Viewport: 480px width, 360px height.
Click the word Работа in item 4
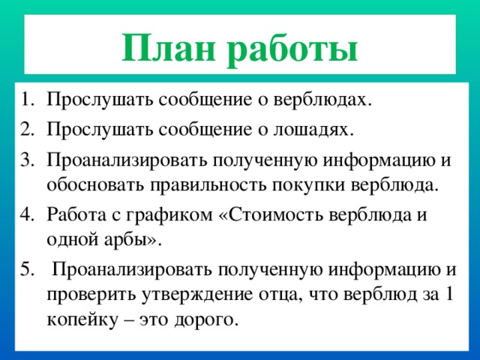click(x=73, y=214)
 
